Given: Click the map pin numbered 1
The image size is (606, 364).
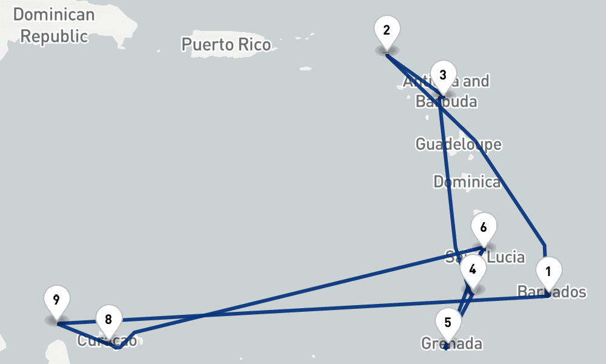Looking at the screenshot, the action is (x=548, y=271).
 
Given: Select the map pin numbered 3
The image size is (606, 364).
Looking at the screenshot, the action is (x=443, y=75).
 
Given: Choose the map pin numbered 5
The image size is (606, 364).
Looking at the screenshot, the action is (x=448, y=322).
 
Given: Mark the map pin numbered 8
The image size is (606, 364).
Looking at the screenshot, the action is (x=108, y=319).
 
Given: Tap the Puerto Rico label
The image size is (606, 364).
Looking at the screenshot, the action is (x=226, y=44).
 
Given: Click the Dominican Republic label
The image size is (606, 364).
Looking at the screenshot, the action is (x=54, y=25).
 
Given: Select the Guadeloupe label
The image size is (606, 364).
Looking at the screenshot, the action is (x=458, y=144).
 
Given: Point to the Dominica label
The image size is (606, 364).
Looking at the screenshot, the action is (x=467, y=181).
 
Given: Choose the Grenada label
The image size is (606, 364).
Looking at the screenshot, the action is (x=452, y=344).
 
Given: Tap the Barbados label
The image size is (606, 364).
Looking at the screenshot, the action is (x=552, y=292).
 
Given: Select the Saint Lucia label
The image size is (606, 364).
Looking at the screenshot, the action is (x=485, y=257).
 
